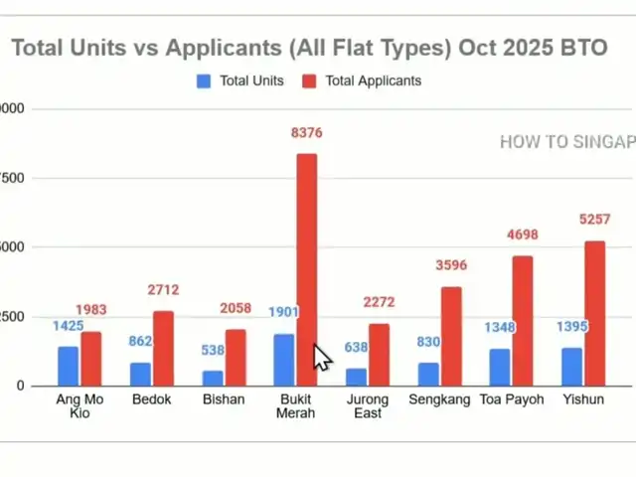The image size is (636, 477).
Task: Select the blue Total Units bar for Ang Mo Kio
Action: click(68, 365)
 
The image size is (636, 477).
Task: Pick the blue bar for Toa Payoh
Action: click(499, 367)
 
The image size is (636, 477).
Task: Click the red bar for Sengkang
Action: click(451, 335)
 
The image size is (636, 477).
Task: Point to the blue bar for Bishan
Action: click(213, 378)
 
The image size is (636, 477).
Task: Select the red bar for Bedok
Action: click(163, 348)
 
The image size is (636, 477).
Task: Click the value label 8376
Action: click(307, 133)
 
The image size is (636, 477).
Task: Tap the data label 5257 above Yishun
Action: click(594, 220)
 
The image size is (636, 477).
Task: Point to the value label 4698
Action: click(523, 236)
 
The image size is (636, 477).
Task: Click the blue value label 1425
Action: click(68, 326)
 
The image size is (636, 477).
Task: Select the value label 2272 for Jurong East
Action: click(379, 303)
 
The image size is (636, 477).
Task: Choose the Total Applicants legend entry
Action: click(364, 80)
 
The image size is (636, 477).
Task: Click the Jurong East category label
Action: click(368, 405)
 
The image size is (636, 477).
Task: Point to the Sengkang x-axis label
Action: click(440, 399)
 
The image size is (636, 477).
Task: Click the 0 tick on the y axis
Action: click(8, 386)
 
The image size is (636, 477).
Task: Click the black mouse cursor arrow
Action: click(321, 357)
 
